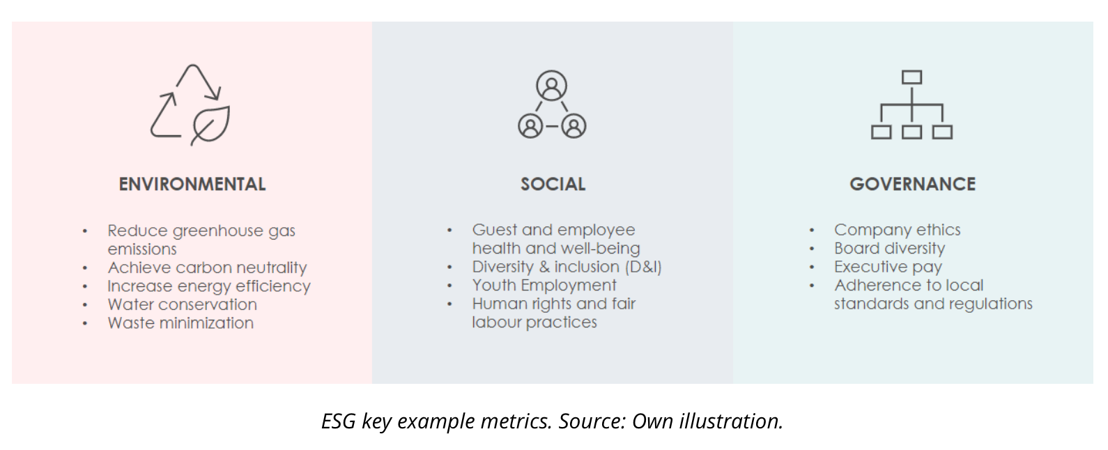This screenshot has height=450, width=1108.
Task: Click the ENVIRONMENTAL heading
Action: tap(192, 185)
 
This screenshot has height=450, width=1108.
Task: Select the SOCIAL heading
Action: tap(553, 185)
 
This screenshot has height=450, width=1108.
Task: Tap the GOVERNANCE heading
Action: tap(913, 185)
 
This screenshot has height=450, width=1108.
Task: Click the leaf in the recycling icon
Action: tap(210, 125)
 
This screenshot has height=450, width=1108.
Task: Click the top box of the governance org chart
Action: tap(911, 77)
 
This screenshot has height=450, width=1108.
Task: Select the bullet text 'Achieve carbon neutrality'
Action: tap(207, 268)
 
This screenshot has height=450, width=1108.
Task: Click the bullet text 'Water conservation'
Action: tap(183, 304)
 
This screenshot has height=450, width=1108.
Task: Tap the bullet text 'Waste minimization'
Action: tap(180, 323)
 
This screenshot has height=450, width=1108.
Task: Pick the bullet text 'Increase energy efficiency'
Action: tap(209, 286)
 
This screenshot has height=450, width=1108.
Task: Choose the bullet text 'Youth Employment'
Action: tap(544, 286)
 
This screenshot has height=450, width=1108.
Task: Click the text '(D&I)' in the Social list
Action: tap(643, 267)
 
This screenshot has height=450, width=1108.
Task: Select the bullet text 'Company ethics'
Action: tap(898, 230)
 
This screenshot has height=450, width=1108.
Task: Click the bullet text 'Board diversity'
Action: tap(889, 248)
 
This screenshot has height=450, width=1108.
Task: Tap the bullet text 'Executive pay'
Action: tap(888, 267)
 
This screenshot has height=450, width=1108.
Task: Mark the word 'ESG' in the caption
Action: tap(339, 421)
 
